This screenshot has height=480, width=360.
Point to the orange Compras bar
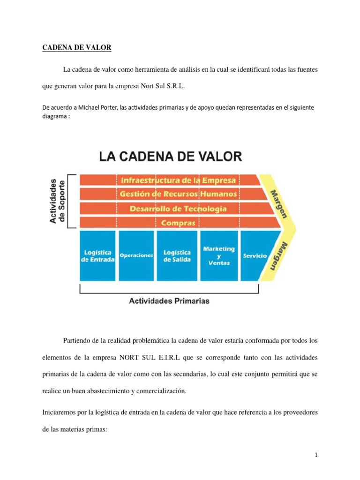[x=178, y=223]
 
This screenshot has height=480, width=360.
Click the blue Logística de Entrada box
[x=98, y=256]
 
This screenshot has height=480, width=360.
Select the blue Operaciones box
[x=136, y=256]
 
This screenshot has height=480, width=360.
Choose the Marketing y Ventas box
[x=219, y=256]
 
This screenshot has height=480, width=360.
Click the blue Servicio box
[x=255, y=256]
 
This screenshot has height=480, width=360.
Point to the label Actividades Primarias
[x=169, y=301]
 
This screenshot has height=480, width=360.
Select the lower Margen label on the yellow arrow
[x=276, y=255]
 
